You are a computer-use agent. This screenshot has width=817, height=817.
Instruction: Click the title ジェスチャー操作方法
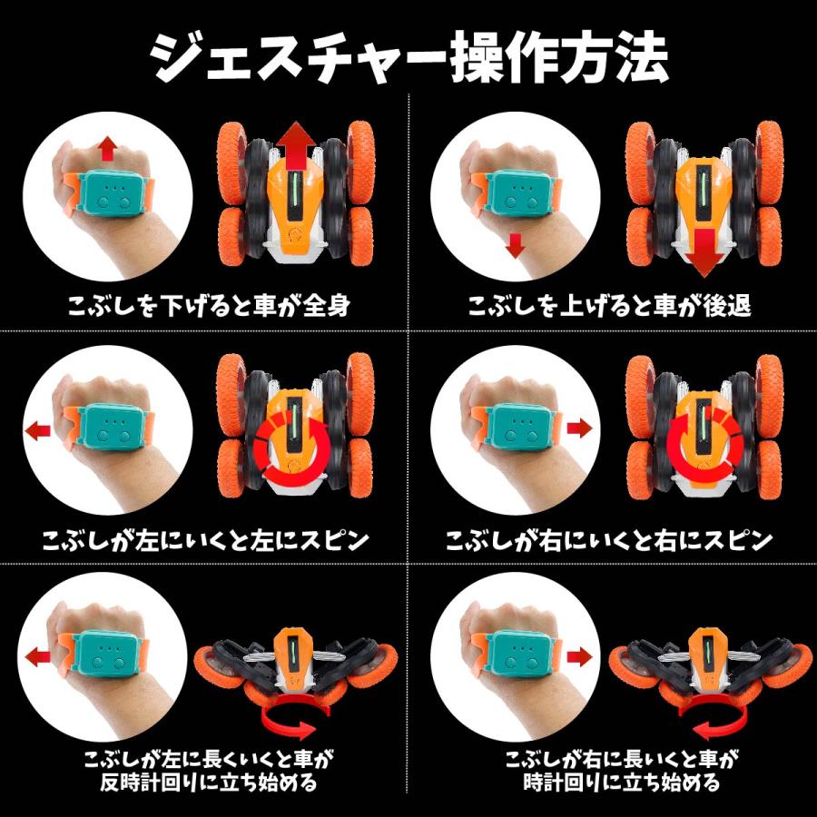coord(408,56)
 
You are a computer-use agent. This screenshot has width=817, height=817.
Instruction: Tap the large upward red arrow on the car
coord(295,151)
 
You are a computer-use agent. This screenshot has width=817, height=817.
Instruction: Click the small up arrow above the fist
coord(108,149)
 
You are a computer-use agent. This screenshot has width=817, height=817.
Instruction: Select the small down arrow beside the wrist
coord(516,246)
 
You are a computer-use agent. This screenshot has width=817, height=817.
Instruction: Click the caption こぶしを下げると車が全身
coord(209,305)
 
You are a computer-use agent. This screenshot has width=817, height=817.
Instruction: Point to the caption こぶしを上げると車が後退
coord(609,305)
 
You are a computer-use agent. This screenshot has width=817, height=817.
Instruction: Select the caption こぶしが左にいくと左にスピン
coord(205,540)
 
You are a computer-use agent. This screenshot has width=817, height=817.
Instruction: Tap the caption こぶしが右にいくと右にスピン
coord(609,540)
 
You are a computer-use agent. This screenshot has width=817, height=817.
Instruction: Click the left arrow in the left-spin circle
coord(37,430)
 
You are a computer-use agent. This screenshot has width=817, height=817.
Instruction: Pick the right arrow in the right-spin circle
coord(579,428)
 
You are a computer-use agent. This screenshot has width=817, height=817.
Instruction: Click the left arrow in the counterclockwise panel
coord(37,657)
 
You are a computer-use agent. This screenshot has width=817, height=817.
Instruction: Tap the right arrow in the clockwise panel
coord(579,657)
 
